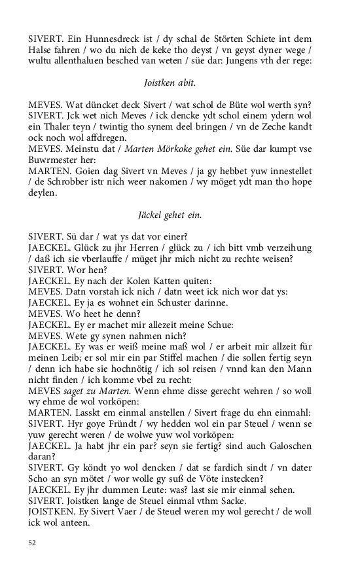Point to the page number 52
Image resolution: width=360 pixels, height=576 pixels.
(x=33, y=543)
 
